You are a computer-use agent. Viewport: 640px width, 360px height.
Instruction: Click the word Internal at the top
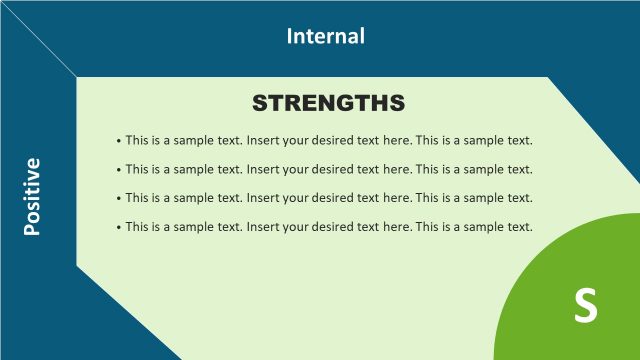click(326, 37)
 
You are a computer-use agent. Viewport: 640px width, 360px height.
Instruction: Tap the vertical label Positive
click(32, 196)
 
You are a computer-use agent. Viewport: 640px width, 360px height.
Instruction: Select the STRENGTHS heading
click(328, 103)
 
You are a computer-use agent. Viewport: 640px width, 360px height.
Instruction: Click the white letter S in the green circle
click(586, 305)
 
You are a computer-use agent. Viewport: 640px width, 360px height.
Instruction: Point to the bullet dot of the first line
click(119, 141)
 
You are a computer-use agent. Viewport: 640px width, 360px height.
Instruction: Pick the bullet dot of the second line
click(119, 170)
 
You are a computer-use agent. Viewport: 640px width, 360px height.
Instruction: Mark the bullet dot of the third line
click(119, 199)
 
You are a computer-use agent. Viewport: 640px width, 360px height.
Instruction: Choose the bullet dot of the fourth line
click(119, 228)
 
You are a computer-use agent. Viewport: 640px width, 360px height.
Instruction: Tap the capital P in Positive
click(32, 229)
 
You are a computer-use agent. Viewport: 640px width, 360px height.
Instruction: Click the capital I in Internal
click(290, 37)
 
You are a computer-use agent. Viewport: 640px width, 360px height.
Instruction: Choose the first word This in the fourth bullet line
click(138, 227)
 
